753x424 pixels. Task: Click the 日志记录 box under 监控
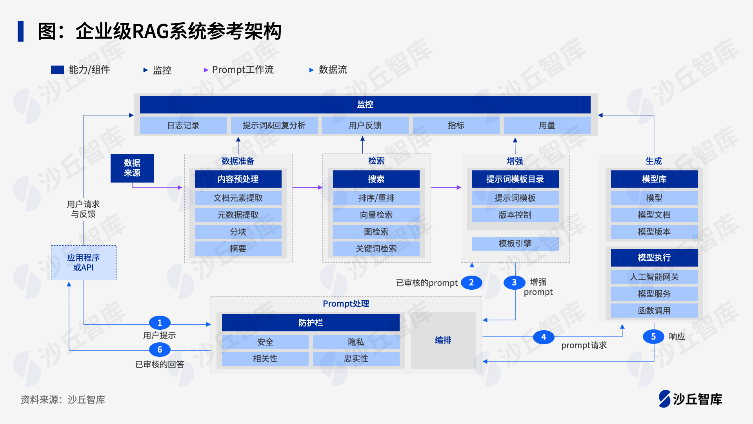pos(183,125)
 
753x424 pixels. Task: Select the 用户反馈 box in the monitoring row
pos(365,125)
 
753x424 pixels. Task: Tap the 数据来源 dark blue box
pos(132,168)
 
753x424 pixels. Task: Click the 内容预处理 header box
pos(238,179)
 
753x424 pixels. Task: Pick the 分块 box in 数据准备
pos(238,232)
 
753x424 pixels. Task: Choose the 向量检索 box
pos(376,215)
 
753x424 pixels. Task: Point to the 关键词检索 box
pos(376,249)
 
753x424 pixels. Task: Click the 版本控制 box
pos(515,215)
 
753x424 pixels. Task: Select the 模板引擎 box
pos(515,243)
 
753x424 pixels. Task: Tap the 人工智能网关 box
pos(654,277)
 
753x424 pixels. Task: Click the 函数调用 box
pos(654,311)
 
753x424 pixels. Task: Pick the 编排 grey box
pos(443,340)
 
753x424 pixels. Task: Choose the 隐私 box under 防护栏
pos(356,342)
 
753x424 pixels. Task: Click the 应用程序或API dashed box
pos(84,263)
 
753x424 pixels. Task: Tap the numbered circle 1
pos(160,323)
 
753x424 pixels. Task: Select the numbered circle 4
pos(544,337)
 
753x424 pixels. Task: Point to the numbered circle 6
pos(160,349)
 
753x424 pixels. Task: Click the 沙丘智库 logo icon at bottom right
pos(665,399)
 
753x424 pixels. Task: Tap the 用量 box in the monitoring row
pos(547,125)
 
